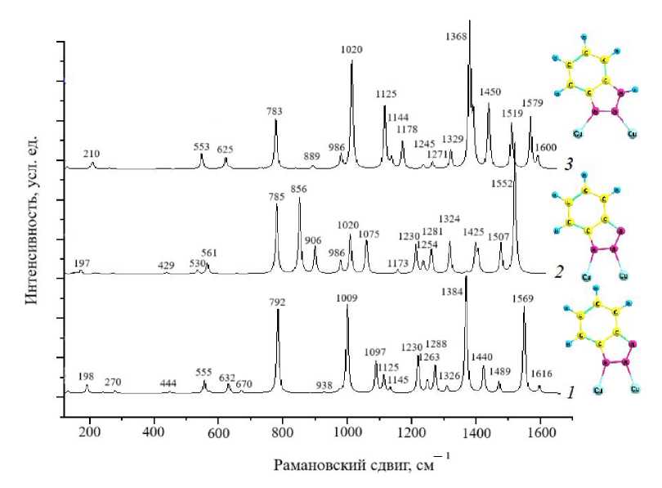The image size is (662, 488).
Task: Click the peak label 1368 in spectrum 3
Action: point(459,37)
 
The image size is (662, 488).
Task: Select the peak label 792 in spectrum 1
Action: point(277,302)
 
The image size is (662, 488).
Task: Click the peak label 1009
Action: point(347,298)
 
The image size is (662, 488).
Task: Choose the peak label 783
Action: point(275,111)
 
